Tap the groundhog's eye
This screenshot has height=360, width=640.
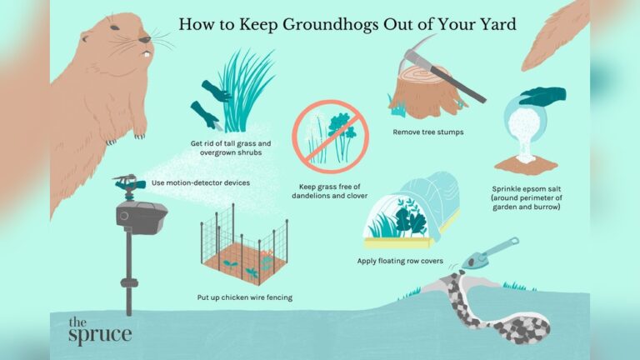pos(142,38)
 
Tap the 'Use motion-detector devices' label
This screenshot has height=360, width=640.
pos(200,182)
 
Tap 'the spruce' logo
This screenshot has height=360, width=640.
pos(99,330)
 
